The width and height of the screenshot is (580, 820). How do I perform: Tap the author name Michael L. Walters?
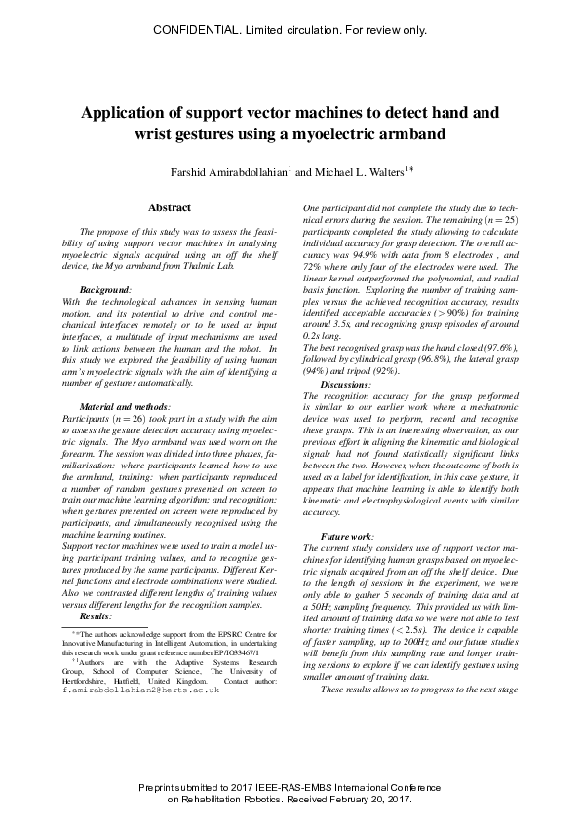352,172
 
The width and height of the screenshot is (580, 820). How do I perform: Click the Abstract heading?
170,207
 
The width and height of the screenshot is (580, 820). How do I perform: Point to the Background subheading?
104,290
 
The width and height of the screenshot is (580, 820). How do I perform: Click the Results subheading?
96,616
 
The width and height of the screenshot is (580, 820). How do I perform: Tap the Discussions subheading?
345,386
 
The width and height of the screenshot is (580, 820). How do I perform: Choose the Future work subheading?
346,537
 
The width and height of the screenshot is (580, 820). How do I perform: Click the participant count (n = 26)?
120,417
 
